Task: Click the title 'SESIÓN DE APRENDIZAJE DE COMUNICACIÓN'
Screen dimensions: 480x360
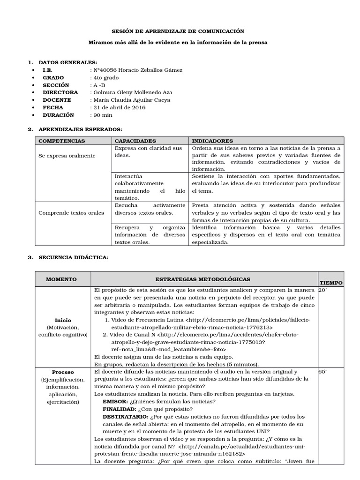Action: pyautogui.click(x=178, y=31)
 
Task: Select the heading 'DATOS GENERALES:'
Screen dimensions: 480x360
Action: pyautogui.click(x=68, y=62)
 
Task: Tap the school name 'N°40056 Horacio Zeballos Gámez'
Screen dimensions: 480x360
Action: pyautogui.click(x=138, y=70)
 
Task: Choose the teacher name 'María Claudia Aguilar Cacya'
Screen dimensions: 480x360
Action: pyautogui.click(x=132, y=100)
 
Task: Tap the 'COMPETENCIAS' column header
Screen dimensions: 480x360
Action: pyautogui.click(x=61, y=141)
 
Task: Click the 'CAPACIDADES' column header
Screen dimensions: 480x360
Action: pyautogui.click(x=133, y=141)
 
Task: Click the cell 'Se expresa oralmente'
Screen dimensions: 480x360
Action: pyautogui.click(x=67, y=155)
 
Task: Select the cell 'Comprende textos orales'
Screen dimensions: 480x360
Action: pyautogui.click(x=71, y=213)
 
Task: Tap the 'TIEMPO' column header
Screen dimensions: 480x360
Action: pyautogui.click(x=331, y=283)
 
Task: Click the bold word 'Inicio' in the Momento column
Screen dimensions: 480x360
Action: pyautogui.click(x=63, y=320)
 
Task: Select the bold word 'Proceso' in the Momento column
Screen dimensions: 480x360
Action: pyautogui.click(x=63, y=372)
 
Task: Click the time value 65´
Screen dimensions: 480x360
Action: pyautogui.click(x=323, y=371)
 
